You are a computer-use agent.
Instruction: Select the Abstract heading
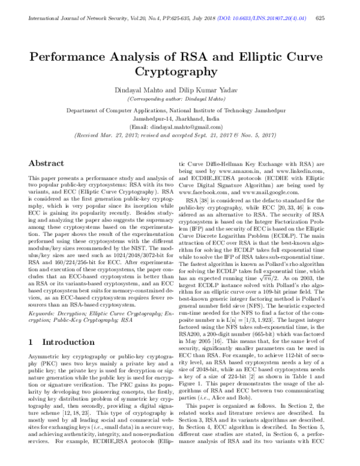[46, 163]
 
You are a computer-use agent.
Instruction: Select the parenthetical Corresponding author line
[179, 97]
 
